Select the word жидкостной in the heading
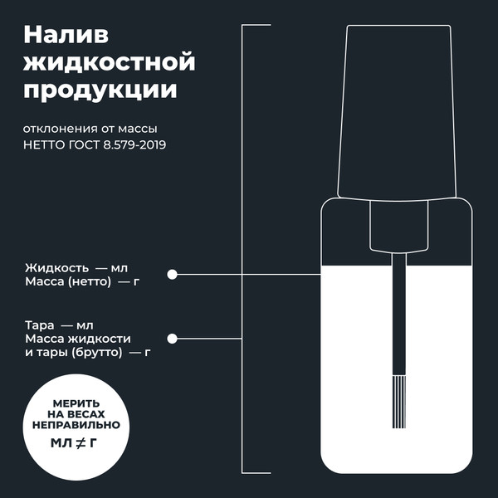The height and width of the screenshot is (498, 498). (110, 62)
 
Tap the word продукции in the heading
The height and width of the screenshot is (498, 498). (100, 90)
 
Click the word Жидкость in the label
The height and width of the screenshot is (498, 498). (56, 268)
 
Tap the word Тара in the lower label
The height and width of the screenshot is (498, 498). (40, 325)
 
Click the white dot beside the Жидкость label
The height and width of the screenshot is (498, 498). (173, 274)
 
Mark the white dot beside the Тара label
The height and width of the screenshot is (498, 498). (173, 339)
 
